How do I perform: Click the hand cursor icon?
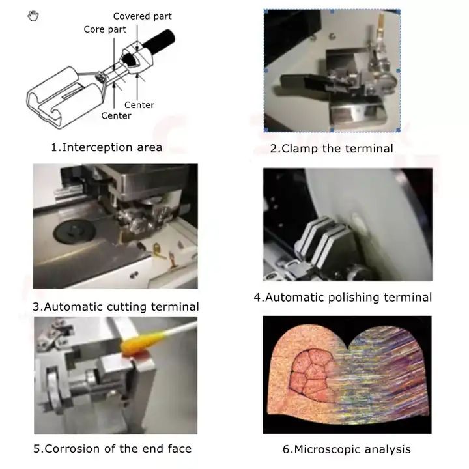pyautogui.click(x=33, y=16)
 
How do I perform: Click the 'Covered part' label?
pyautogui.click(x=143, y=16)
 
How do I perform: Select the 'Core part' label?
pyautogui.click(x=105, y=29)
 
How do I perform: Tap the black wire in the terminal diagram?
pyautogui.click(x=159, y=42)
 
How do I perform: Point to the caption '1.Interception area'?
pyautogui.click(x=106, y=147)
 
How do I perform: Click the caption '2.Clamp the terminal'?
pyautogui.click(x=332, y=149)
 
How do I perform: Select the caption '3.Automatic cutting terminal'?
pyautogui.click(x=116, y=307)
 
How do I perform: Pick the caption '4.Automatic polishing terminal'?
pyautogui.click(x=343, y=298)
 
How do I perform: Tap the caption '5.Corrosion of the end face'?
pyautogui.click(x=113, y=449)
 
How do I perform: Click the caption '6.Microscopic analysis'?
pyautogui.click(x=347, y=449)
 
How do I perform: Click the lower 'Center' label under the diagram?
pyautogui.click(x=117, y=116)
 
